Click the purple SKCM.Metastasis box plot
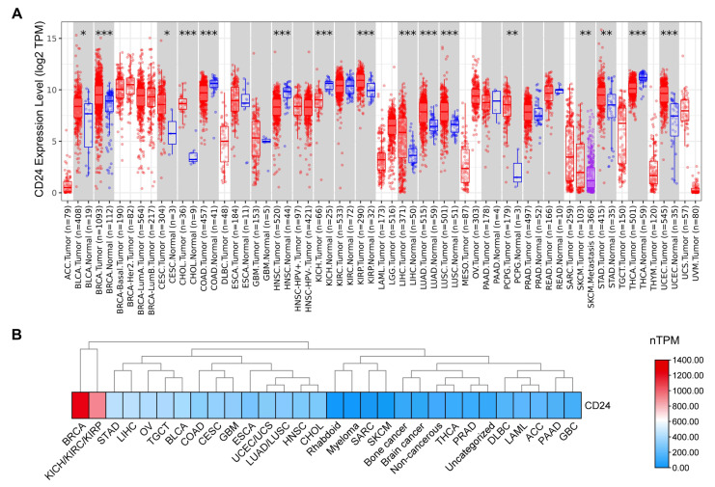pos(589,174)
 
